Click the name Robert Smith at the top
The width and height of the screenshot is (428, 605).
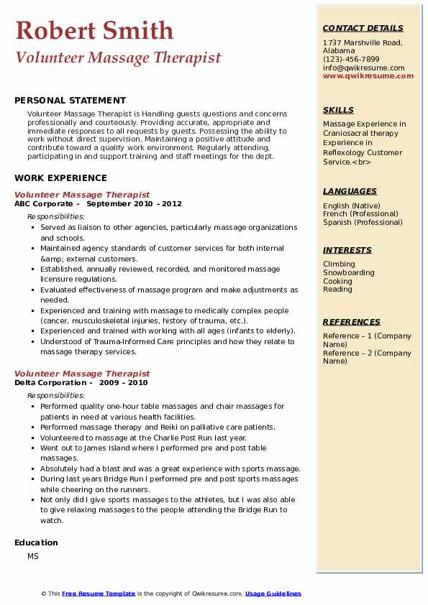(x=94, y=30)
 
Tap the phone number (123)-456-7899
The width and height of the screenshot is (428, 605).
(x=351, y=59)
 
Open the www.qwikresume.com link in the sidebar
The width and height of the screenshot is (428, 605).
(x=363, y=75)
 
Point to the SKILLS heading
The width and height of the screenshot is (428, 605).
(x=338, y=110)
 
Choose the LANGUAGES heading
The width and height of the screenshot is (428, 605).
(x=350, y=191)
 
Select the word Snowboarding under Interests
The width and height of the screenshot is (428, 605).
(x=348, y=272)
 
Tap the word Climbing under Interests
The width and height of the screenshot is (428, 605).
(x=339, y=264)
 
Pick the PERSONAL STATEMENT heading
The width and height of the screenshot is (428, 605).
(x=70, y=101)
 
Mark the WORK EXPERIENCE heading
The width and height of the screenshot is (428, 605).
(x=60, y=178)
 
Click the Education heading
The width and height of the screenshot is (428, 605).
(x=36, y=542)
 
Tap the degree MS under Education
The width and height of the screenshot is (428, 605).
(x=33, y=557)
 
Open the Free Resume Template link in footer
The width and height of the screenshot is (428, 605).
(x=99, y=594)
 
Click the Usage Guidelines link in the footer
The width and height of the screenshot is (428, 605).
(x=273, y=594)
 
